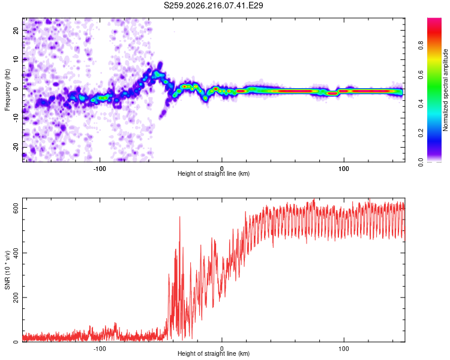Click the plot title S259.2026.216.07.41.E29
213,5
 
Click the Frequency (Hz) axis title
7,90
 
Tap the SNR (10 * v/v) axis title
7,270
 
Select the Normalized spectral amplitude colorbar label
445,90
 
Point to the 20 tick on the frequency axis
16,30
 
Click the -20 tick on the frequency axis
16,147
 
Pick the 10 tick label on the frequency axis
16,59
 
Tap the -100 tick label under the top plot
100,169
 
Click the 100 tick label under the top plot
344,169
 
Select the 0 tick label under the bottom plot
221,349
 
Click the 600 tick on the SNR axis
16,208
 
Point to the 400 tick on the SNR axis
16,253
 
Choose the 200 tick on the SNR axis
16,298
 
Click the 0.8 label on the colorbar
421,46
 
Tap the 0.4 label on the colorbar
421,104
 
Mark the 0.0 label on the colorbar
421,162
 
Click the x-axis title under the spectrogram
214,173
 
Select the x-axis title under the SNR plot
214,353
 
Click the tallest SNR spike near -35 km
180,217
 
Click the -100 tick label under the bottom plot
100,349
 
